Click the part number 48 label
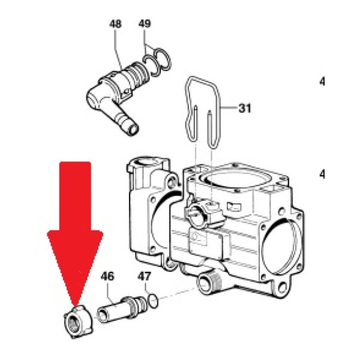[115, 25]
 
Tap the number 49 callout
[145, 24]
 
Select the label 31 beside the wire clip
[244, 109]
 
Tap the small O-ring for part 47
[153, 299]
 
